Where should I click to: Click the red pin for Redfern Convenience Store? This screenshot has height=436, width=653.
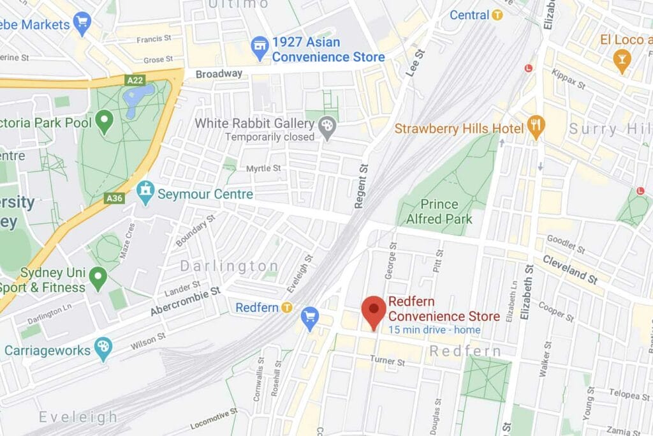point(373,310)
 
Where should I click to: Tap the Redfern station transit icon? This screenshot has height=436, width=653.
point(287,308)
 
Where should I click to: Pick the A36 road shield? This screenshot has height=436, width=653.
point(113,199)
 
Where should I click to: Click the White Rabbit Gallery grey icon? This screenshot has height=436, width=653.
point(327,126)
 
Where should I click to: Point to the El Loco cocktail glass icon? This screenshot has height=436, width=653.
point(621,59)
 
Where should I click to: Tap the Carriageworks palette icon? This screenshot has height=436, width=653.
point(103,349)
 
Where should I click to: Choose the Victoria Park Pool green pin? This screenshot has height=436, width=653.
point(103,119)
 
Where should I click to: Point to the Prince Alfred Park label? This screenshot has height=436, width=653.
point(439,212)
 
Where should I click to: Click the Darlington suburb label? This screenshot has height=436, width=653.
point(229,266)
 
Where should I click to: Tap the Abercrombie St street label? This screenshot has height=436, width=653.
point(186,301)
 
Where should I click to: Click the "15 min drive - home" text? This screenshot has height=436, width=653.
point(434,330)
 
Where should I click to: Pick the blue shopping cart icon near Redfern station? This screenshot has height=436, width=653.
point(310,318)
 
